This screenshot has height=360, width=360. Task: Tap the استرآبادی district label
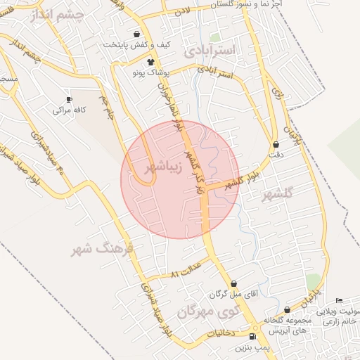212,51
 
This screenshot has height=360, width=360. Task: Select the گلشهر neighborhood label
279,195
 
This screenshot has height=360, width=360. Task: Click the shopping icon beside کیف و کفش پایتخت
136,34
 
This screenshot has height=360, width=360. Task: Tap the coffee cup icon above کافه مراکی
69,99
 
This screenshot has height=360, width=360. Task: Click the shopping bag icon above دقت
275,144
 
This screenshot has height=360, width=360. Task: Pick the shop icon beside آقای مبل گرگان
233,283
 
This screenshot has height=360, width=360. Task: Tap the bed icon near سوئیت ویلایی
339,301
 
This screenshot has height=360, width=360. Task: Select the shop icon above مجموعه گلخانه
286,310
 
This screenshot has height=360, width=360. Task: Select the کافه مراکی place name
69,111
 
